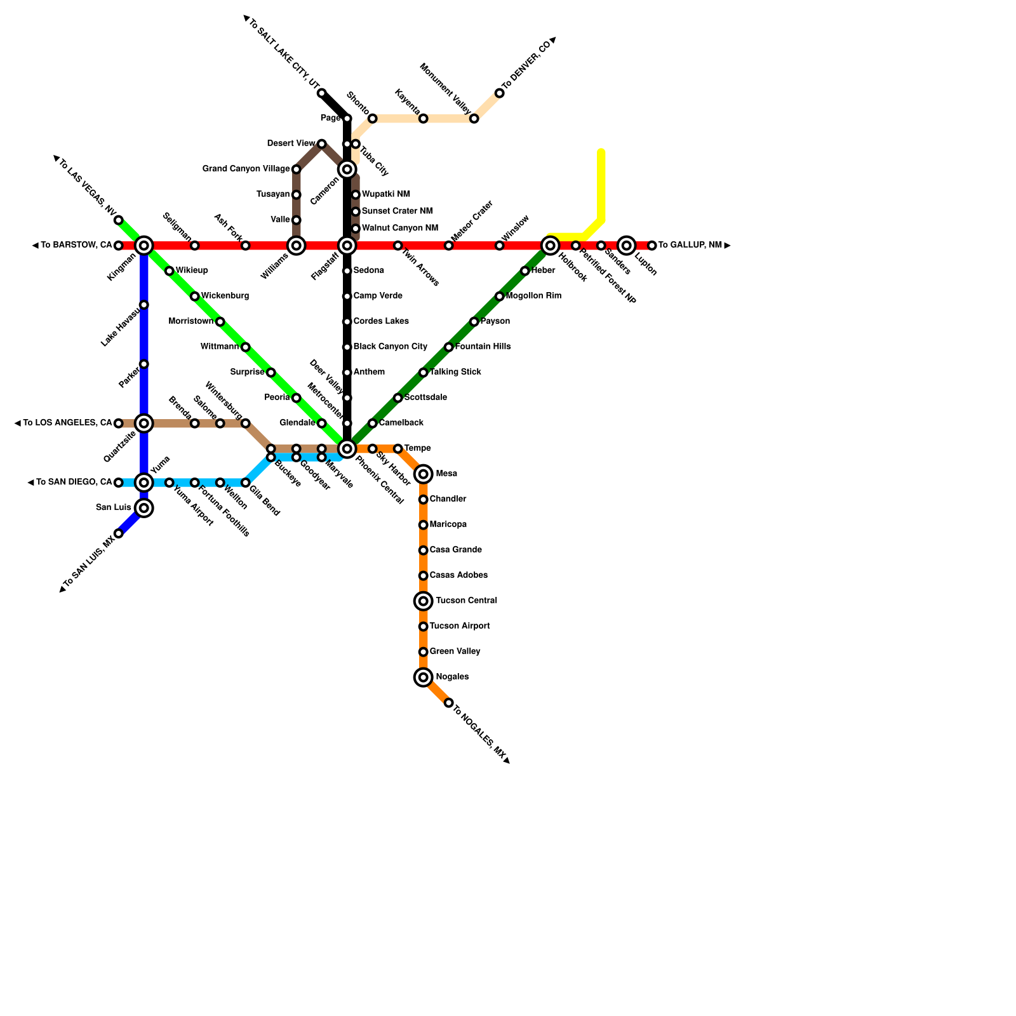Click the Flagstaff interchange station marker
click(347, 245)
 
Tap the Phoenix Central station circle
click(347, 449)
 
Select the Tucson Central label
click(466, 601)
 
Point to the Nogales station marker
click(423, 678)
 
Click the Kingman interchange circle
click(144, 245)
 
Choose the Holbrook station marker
click(551, 245)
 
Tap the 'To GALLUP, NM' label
click(690, 245)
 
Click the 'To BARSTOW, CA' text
click(76, 245)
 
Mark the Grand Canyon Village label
click(246, 169)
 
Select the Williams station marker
click(296, 245)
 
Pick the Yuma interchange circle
click(144, 483)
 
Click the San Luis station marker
click(144, 507)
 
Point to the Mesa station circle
click(423, 474)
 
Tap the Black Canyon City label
click(390, 347)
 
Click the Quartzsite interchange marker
click(144, 423)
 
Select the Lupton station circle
click(627, 245)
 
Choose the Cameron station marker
click(347, 169)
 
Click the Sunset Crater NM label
click(397, 211)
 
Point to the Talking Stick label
click(455, 372)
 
